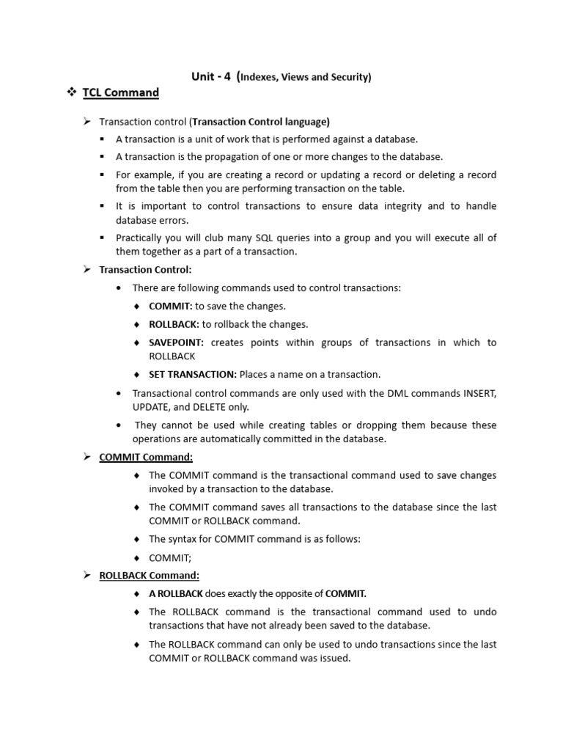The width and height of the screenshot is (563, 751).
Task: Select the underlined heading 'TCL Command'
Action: [120, 92]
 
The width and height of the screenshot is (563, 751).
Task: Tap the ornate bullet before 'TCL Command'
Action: [72, 92]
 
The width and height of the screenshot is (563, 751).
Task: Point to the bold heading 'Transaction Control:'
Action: [145, 270]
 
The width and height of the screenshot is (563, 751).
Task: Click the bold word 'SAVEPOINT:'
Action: [177, 342]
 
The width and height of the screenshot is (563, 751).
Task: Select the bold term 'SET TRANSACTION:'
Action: [193, 374]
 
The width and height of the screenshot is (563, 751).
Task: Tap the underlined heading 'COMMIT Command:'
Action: [146, 457]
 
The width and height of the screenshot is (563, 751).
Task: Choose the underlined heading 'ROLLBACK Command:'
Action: [149, 575]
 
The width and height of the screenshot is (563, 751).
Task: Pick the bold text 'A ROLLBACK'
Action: [175, 593]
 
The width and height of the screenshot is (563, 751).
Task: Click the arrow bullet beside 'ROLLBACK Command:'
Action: [86, 575]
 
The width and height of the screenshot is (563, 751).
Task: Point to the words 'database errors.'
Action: [152, 220]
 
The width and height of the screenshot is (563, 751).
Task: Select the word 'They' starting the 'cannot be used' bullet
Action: [146, 425]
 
